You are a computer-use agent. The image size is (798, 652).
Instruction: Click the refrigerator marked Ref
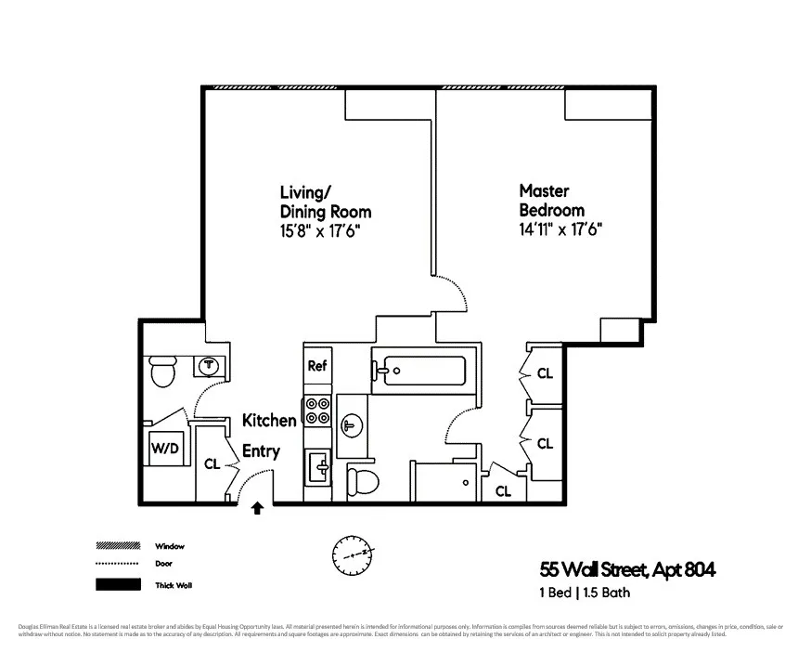[317, 366]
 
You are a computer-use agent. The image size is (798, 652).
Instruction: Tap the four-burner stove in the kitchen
[317, 411]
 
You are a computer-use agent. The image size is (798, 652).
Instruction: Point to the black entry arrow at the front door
[257, 508]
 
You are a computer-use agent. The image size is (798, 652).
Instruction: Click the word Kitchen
[269, 421]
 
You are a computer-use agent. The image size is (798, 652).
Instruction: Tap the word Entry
[261, 451]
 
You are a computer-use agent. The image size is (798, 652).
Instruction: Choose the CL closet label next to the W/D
[212, 464]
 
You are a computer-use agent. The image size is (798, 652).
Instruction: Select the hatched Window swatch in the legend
[117, 546]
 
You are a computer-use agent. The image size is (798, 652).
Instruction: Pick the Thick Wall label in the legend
[173, 585]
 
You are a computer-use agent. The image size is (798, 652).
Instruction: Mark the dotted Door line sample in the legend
[117, 564]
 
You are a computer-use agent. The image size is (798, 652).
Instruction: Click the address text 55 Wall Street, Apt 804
[628, 567]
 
